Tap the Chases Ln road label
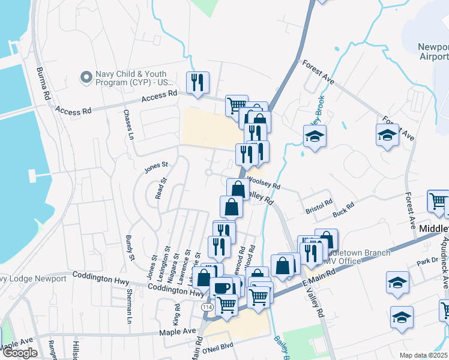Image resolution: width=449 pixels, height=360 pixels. pyautogui.click(x=128, y=124)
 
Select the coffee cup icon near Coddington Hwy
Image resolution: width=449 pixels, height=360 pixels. pyautogui.click(x=221, y=287)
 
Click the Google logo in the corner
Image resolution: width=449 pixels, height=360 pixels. pyautogui.click(x=20, y=353)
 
